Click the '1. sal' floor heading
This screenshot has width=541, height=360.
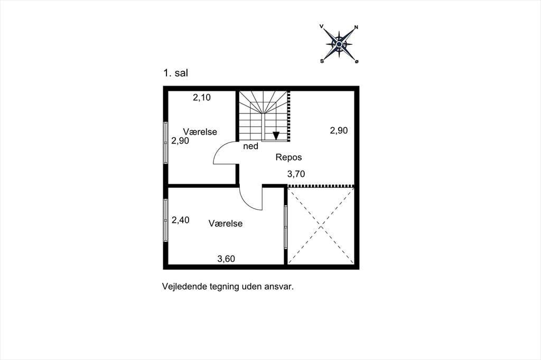pos(175,73)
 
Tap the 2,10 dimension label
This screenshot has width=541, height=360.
pos(202,98)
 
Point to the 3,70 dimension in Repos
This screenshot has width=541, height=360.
pos(296,174)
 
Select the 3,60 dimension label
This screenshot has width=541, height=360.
pos(226,259)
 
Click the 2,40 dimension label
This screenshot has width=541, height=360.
pos(181,220)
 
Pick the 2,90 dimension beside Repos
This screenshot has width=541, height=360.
pos(339,130)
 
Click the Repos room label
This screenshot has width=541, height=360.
pos(288,158)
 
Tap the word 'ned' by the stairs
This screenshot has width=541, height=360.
pos(251,146)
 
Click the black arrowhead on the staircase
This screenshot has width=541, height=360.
pos(276,136)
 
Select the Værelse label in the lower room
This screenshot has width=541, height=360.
pos(225,223)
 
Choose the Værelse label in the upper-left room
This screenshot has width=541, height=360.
pos(200,132)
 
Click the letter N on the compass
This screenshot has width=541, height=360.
pos(357,27)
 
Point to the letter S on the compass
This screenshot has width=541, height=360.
pos(322,61)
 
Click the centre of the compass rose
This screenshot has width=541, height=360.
pos(339,44)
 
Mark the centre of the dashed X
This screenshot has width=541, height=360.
pos(321,226)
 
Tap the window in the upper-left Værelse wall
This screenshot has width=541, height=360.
pos(165,143)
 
